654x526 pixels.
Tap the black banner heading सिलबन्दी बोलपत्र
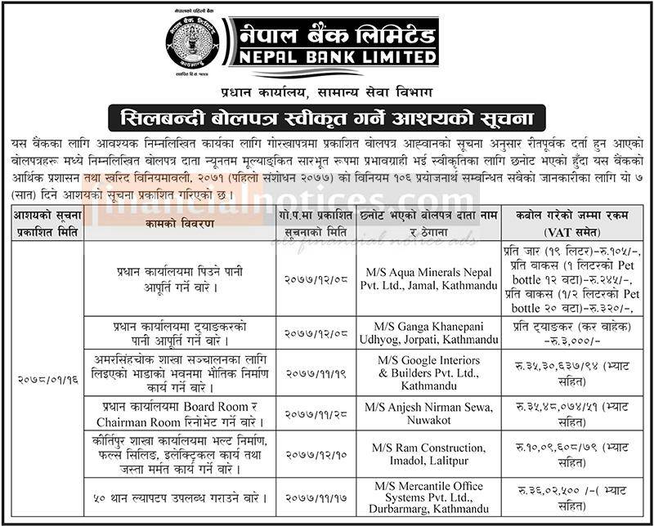(327, 114)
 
